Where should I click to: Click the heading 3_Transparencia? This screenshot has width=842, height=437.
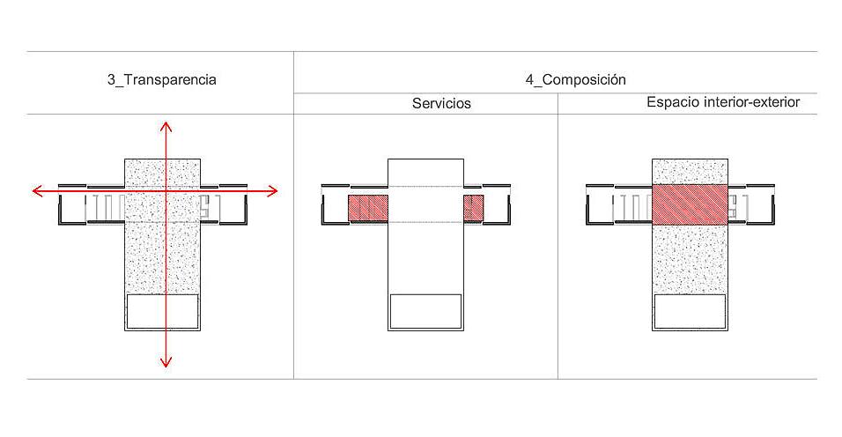point(161,80)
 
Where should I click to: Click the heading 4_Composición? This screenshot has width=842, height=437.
point(575,79)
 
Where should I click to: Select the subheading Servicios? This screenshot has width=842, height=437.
point(441,103)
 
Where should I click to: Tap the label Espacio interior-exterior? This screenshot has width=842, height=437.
point(722,102)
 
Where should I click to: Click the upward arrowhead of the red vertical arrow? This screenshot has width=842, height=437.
point(165,124)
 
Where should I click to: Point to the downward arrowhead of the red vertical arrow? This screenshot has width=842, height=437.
point(165,361)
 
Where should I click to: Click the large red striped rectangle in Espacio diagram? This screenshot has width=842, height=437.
point(689,204)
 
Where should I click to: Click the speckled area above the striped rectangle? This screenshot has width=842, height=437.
point(689,171)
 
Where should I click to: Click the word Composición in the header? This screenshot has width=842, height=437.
point(584,79)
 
